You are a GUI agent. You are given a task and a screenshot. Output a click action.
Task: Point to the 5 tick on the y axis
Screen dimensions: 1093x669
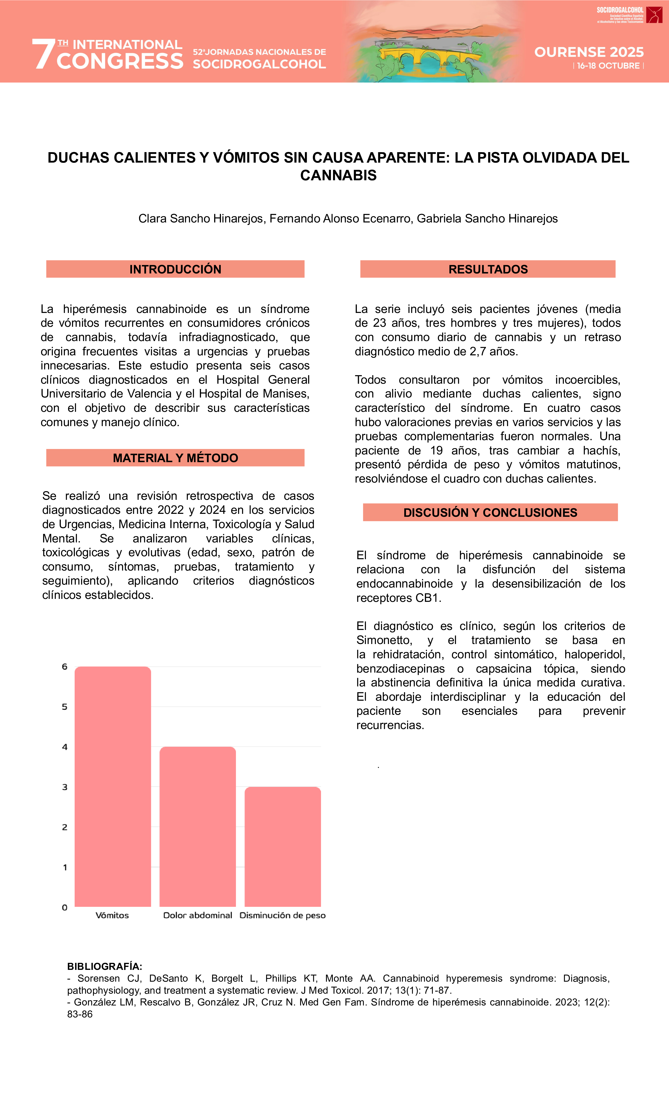(x=65, y=707)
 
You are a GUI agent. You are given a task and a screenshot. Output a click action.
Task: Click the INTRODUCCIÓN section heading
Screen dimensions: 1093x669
(x=175, y=269)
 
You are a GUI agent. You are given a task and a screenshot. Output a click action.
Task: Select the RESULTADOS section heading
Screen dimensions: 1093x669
(x=488, y=269)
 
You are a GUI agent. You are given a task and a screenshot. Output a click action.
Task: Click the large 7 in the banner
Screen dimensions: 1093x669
(x=43, y=54)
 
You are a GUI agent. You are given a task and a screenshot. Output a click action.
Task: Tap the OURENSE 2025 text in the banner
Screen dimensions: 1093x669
(x=589, y=52)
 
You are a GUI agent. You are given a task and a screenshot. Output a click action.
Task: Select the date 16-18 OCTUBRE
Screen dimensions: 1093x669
(x=608, y=66)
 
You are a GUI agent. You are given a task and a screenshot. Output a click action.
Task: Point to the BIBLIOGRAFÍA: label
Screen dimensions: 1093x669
(x=105, y=966)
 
